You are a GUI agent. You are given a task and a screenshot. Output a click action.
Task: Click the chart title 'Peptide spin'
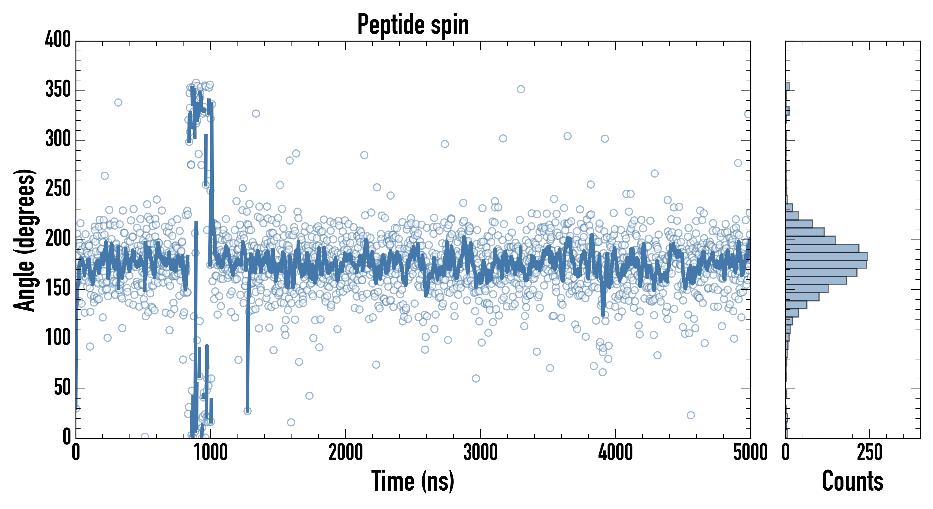tap(413, 25)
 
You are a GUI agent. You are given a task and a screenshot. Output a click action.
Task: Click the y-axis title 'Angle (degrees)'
tap(25, 240)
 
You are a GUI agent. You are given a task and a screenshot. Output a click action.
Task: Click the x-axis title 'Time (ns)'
tap(413, 481)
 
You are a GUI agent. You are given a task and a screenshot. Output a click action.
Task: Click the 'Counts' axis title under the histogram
tap(853, 481)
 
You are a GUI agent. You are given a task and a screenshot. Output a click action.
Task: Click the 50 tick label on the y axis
tap(62, 388)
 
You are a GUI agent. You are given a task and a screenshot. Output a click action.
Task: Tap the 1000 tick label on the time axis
tap(211, 453)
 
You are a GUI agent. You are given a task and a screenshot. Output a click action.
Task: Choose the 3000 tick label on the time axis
tap(481, 453)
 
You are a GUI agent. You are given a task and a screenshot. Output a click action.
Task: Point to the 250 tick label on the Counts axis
tap(870, 453)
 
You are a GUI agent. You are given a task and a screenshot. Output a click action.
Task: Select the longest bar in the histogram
tap(826, 256)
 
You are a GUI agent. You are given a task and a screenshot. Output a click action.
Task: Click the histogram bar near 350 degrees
tap(788, 87)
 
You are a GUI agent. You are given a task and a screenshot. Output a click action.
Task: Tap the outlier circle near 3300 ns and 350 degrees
tap(521, 89)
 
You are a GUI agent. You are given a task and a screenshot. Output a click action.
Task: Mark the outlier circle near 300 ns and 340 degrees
tap(118, 103)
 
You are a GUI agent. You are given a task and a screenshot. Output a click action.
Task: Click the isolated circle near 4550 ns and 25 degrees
tap(691, 415)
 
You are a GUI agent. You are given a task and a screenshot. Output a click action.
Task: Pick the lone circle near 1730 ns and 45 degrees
tap(309, 396)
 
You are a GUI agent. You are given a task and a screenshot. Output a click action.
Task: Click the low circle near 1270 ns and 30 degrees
tap(247, 411)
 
